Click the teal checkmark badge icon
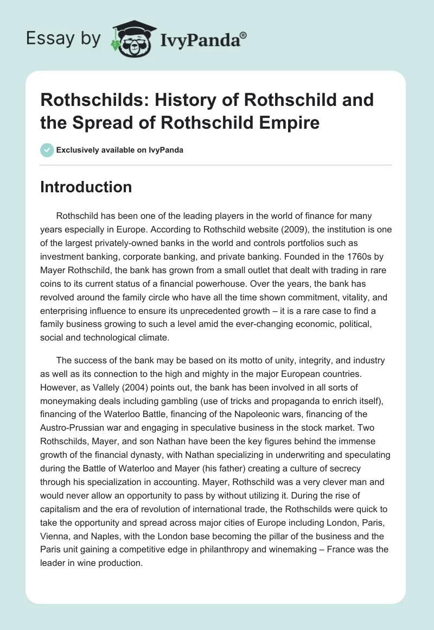47,150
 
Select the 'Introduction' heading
86,187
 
